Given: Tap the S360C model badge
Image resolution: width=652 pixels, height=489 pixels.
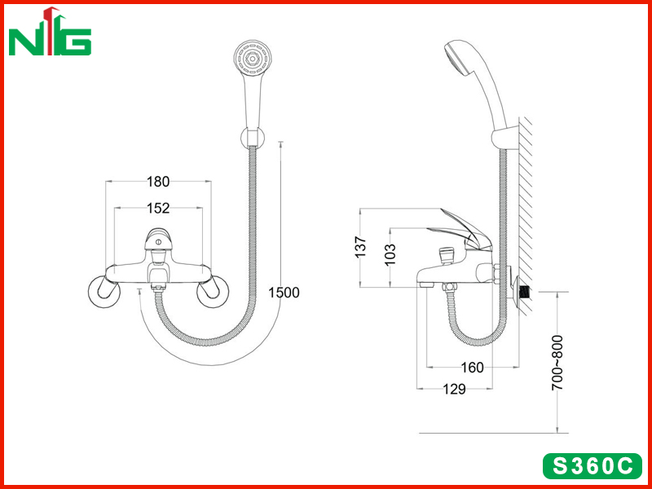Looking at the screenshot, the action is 593,466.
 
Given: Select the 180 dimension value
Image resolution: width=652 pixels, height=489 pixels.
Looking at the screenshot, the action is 158,182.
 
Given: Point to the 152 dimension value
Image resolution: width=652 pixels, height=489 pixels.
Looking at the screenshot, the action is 158,208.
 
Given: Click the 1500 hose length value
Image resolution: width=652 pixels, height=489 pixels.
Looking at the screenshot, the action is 284,293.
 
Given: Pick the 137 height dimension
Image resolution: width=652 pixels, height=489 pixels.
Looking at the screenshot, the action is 361,247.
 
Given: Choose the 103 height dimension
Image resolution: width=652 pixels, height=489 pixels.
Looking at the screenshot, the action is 390,254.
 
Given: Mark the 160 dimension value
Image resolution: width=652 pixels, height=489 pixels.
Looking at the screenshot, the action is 473,368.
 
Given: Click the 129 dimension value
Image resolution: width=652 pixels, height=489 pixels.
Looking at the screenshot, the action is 454,390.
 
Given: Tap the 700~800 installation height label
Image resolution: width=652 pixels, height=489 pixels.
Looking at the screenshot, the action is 557,363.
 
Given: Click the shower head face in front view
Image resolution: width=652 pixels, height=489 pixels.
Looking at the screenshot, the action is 253,59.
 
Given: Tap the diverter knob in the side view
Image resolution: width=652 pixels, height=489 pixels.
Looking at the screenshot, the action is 447,254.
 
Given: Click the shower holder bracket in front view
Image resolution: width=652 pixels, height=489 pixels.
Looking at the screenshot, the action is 253,137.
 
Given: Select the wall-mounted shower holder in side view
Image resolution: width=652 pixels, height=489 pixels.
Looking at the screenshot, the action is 505,139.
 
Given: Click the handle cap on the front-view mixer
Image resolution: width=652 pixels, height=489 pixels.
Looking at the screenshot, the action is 157,239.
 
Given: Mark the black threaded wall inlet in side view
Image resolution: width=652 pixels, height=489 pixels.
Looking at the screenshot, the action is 526,292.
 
